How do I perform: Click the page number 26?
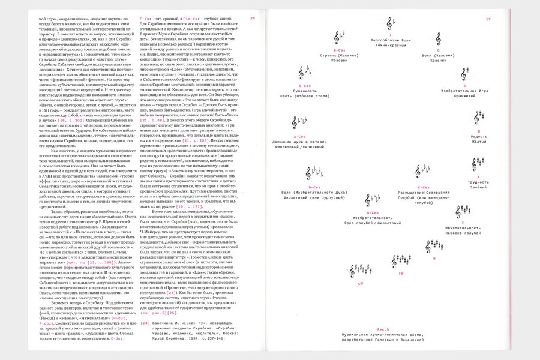[x=253, y=19]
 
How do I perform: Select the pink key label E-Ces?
[x=312, y=86]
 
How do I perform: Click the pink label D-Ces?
[x=314, y=187]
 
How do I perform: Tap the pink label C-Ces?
[x=424, y=187]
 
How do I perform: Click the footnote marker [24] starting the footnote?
[x=145, y=323]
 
